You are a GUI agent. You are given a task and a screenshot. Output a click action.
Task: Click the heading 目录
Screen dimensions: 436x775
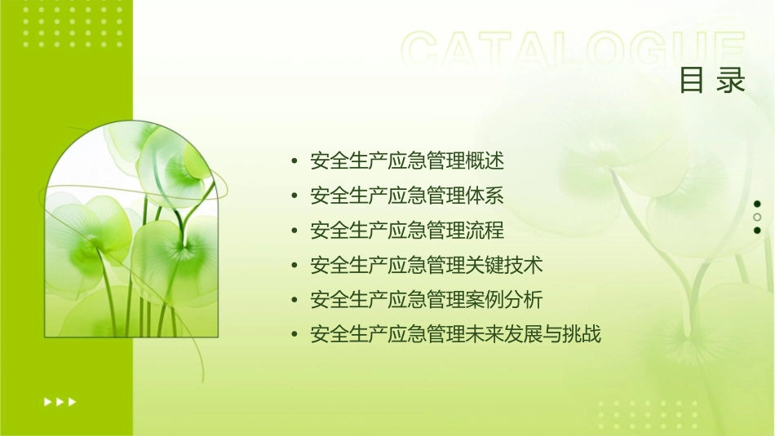pos(712,81)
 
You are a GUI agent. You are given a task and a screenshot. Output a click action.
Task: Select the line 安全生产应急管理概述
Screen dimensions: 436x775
pos(407,161)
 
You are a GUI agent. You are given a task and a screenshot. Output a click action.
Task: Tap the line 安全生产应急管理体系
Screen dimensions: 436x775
pos(407,196)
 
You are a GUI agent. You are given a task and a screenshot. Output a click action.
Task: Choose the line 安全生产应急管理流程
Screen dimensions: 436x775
pos(407,231)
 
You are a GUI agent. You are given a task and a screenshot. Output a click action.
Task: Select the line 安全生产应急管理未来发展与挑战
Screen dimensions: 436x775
pos(455,334)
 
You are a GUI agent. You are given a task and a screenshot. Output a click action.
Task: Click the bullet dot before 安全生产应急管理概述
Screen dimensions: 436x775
pos(294,161)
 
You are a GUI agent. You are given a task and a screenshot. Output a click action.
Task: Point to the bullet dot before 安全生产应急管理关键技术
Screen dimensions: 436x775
pos(294,265)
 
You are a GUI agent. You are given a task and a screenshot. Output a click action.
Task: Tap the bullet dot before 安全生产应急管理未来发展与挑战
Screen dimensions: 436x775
pos(294,334)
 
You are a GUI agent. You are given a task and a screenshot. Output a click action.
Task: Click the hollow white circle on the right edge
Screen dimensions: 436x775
pos(757,217)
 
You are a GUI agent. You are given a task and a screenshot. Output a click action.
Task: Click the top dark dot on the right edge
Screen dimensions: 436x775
pos(757,204)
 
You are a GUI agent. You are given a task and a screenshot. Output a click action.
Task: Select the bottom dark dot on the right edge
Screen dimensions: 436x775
pos(757,230)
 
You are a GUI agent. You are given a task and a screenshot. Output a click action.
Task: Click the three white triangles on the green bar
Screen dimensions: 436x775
pos(60,401)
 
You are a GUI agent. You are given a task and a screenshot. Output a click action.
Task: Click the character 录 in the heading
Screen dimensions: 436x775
pos(732,81)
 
